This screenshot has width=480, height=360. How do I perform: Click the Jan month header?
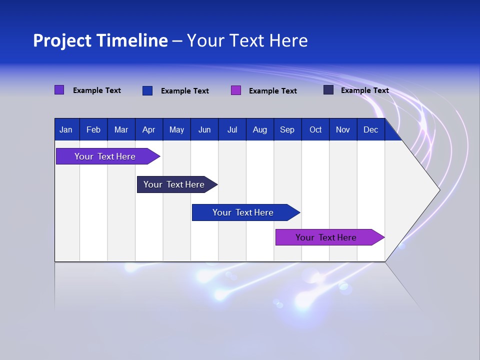[x=66, y=129]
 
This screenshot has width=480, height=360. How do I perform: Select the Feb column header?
[x=93, y=129]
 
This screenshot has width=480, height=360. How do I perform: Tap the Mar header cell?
[x=121, y=129]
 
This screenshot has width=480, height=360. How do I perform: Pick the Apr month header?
[x=149, y=129]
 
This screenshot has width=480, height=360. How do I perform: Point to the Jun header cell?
[x=204, y=129]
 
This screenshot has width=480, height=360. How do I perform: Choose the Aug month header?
[x=260, y=129]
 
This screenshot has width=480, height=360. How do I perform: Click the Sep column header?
[x=287, y=129]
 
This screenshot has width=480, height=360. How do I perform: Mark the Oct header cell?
[x=315, y=129]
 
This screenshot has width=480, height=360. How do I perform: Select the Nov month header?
[x=343, y=129]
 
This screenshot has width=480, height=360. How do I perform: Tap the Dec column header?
[x=371, y=129]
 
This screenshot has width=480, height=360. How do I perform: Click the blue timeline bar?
[x=242, y=212]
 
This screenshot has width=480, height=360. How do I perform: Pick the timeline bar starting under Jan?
[x=105, y=156]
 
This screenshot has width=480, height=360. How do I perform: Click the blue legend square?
[x=147, y=90]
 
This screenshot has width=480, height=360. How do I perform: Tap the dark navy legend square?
[x=328, y=90]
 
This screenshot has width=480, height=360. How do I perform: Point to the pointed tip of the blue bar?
[x=299, y=212]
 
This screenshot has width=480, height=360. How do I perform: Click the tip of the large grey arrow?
[x=438, y=189]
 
